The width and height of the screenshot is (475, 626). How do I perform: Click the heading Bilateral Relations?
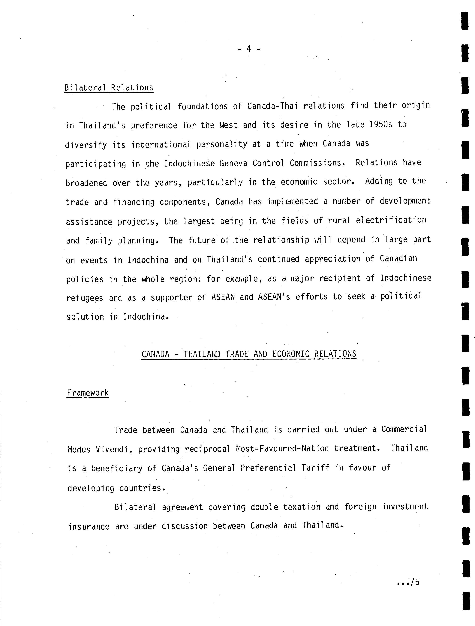tap(109, 88)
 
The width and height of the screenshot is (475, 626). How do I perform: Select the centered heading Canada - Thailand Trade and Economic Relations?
tap(249, 354)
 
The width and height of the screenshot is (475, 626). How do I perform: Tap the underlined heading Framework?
tap(88, 393)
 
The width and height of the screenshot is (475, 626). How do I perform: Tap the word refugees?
tap(85, 298)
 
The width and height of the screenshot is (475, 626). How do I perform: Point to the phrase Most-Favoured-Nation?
tap(282, 449)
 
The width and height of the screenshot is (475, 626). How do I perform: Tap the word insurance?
tap(89, 527)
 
